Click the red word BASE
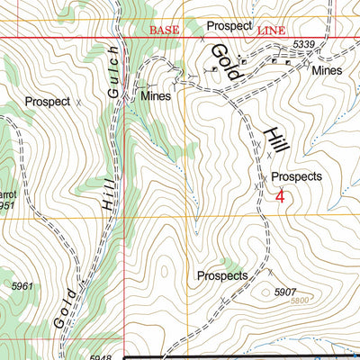tap(164, 31)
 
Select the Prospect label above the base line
tap(228, 26)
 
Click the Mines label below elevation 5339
tap(328, 69)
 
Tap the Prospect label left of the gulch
tap(48, 102)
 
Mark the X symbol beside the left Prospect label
tap(78, 103)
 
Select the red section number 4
tap(281, 195)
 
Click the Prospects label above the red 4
tap(296, 177)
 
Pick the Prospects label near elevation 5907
tap(221, 275)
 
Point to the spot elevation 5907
tap(285, 292)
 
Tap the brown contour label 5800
tap(304, 301)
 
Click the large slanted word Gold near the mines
tap(223, 63)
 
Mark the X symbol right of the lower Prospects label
tap(268, 270)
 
